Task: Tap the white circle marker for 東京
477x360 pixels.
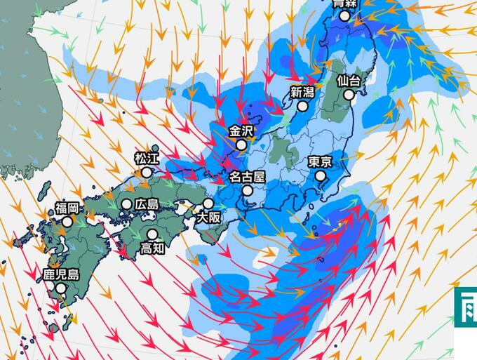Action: [320, 176]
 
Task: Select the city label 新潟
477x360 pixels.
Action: [303, 92]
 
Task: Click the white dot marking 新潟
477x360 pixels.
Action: [303, 107]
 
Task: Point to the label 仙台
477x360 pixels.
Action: [349, 81]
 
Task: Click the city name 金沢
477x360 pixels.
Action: [241, 131]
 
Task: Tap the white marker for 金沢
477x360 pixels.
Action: [241, 145]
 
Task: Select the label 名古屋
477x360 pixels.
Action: [247, 176]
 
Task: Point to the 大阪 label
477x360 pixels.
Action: [208, 218]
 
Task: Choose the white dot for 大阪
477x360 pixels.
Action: [208, 204]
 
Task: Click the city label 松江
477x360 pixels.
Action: [147, 159]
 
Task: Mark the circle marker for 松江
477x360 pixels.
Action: [147, 172]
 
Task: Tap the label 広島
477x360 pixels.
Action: [148, 204]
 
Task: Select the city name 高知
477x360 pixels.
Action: [152, 248]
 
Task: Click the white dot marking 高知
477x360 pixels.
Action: [152, 234]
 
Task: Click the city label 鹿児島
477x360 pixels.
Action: [61, 274]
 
